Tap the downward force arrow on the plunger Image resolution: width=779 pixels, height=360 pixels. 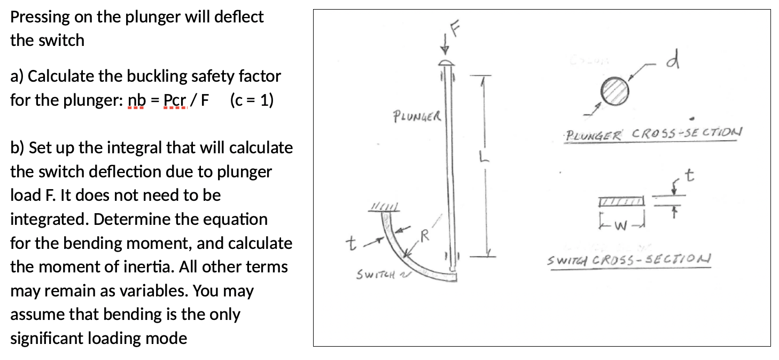(443, 47)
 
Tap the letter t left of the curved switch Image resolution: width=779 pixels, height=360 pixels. (350, 245)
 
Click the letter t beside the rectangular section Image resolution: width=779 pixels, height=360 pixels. (691, 176)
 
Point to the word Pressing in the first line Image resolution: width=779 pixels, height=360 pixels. (40, 17)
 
